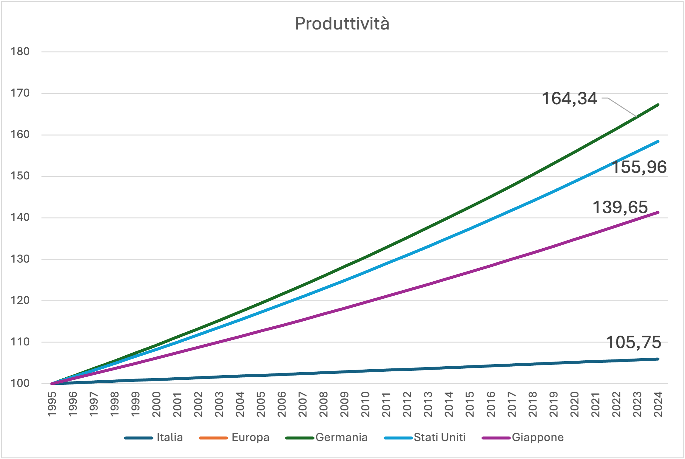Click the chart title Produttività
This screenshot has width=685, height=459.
[342, 24]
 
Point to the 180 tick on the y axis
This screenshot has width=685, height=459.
[20, 52]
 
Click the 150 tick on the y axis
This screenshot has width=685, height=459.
[20, 176]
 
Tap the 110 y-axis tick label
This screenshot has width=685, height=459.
[20, 342]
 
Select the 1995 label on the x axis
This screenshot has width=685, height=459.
[52, 404]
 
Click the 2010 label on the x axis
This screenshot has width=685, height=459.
[365, 404]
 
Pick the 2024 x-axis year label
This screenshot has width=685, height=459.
[658, 404]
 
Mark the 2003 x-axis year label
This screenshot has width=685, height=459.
[219, 404]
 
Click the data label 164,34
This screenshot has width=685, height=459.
[569, 98]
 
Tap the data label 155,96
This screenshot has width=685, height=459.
[639, 167]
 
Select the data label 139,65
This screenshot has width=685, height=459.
[620, 207]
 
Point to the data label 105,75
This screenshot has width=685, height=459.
[633, 342]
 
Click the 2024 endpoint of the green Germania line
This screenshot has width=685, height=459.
[658, 105]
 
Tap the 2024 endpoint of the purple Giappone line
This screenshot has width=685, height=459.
[658, 213]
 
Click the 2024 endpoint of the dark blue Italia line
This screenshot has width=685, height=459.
[658, 359]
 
